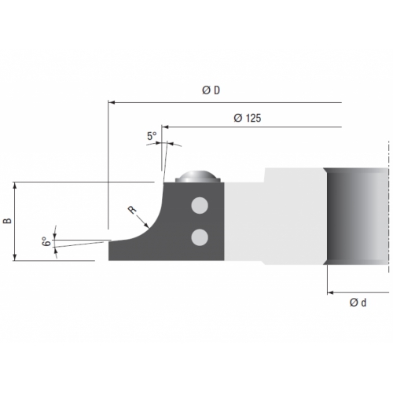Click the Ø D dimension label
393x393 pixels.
point(211,90)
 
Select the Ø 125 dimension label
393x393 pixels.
point(248,118)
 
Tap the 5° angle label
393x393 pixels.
point(152,136)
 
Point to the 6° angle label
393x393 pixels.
point(46,241)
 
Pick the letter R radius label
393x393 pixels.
point(132,210)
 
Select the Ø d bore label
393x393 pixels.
point(358,303)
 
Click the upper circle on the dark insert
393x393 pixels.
point(200,205)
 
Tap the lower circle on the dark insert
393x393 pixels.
point(200,237)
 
